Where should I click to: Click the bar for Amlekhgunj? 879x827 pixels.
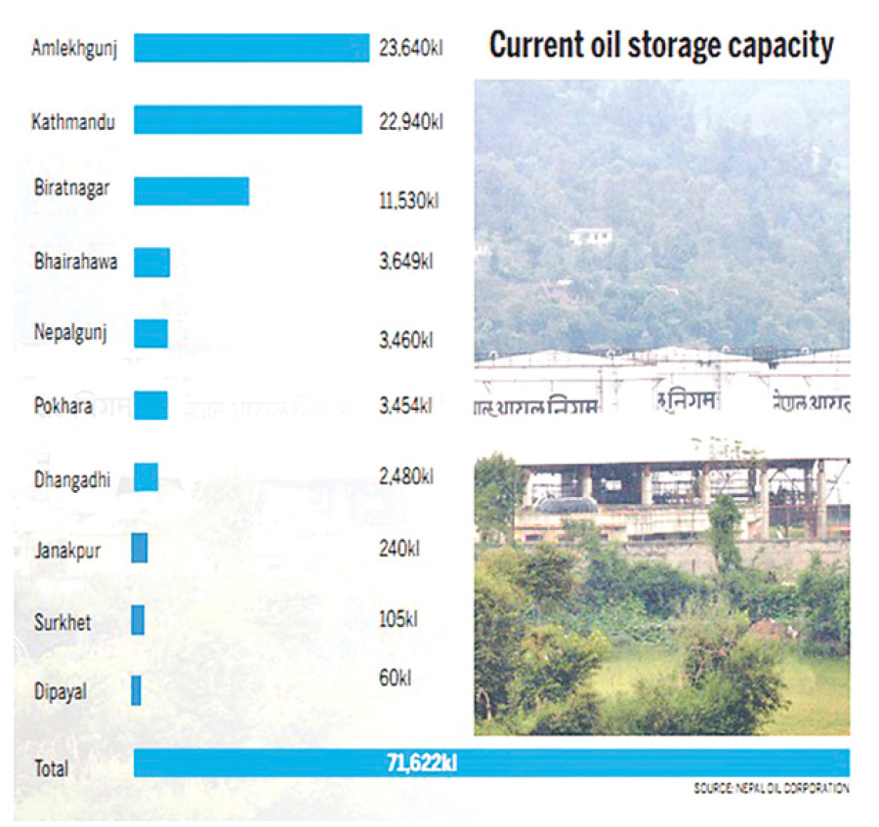click(250, 48)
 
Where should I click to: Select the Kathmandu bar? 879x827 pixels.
click(247, 119)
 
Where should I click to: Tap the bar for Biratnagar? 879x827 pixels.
click(191, 190)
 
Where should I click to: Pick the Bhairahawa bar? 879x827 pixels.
click(151, 262)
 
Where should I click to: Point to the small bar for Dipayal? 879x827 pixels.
click(136, 690)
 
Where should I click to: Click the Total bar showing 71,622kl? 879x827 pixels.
click(491, 763)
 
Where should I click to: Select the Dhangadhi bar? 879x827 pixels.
click(146, 476)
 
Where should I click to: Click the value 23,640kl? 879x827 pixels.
click(411, 47)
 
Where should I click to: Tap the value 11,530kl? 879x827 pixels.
click(408, 201)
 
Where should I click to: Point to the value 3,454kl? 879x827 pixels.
click(405, 406)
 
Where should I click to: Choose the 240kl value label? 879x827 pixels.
click(398, 549)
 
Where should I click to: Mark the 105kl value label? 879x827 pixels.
click(398, 619)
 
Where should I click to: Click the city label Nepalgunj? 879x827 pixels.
click(68, 332)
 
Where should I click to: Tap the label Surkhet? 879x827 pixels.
click(62, 621)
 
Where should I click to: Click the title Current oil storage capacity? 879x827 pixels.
click(661, 45)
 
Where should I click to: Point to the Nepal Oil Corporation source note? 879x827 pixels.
click(771, 788)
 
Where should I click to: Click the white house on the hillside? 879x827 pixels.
click(590, 235)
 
